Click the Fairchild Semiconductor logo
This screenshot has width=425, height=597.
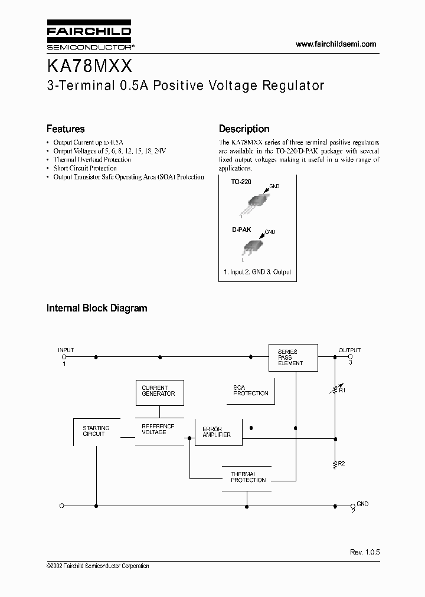88,36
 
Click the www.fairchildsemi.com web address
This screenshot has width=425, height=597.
335,44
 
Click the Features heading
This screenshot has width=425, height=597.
66,129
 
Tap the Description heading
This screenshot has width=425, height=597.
244,129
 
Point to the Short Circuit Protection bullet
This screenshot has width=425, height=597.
85,168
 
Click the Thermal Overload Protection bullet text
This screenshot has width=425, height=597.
92,160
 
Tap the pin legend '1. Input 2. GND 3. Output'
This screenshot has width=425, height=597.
257,272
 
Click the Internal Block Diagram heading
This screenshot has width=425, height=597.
97,308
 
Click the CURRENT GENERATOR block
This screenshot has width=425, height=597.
158,391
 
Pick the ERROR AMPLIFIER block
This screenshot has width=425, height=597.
217,432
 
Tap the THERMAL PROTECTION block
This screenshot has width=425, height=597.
248,477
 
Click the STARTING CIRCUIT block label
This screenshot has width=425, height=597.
95,431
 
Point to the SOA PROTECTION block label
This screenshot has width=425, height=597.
250,391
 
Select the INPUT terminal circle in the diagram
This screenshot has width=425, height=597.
64,357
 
